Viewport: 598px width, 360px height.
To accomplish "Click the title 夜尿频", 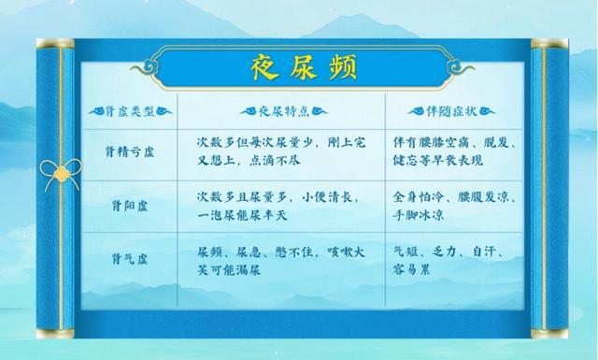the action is coord(304,67).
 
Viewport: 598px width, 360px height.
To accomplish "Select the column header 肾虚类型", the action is coord(130,111).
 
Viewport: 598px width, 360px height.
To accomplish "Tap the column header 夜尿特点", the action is coord(284,111).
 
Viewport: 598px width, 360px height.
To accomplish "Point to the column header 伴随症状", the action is coord(451,111).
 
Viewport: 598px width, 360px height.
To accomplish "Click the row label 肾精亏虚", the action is coord(130,151).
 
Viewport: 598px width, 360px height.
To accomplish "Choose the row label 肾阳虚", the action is coord(130,206).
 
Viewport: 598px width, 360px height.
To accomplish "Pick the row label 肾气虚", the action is coord(130,259).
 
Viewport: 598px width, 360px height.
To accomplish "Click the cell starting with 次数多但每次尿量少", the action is coord(281,151).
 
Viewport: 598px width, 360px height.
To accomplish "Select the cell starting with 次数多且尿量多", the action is coord(278,206).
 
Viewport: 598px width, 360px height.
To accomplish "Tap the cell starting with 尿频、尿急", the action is coord(281,261).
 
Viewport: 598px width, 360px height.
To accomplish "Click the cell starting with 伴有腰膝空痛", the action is coord(455,151).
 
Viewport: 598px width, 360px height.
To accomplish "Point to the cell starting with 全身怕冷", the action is coord(455,206).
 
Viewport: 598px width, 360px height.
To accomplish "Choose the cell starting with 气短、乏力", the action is coord(448,261).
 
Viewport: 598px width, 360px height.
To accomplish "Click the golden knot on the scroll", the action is coord(61,175).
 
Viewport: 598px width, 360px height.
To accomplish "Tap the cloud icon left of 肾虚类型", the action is coord(96,111).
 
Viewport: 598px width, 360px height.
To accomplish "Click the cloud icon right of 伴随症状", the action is coord(487,111).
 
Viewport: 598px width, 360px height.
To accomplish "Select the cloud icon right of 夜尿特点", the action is coord(319,111).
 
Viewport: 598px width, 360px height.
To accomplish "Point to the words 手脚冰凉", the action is coord(419,215).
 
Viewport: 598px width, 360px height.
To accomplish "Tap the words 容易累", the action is coord(411,270).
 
